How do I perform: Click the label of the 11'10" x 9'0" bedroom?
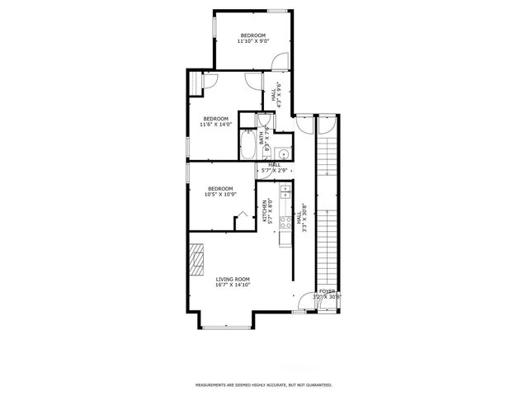pos(252,38)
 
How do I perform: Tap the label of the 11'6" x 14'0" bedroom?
pos(215,122)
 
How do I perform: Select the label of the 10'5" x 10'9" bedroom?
pos(220,191)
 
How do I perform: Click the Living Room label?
pos(233,282)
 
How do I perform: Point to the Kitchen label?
pos(267,212)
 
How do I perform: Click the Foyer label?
pos(328,294)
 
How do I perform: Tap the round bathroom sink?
pos(282,153)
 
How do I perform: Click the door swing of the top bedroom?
pos(280,61)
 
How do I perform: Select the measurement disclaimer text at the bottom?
pos(263,384)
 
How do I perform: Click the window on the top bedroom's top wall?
pos(277,11)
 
